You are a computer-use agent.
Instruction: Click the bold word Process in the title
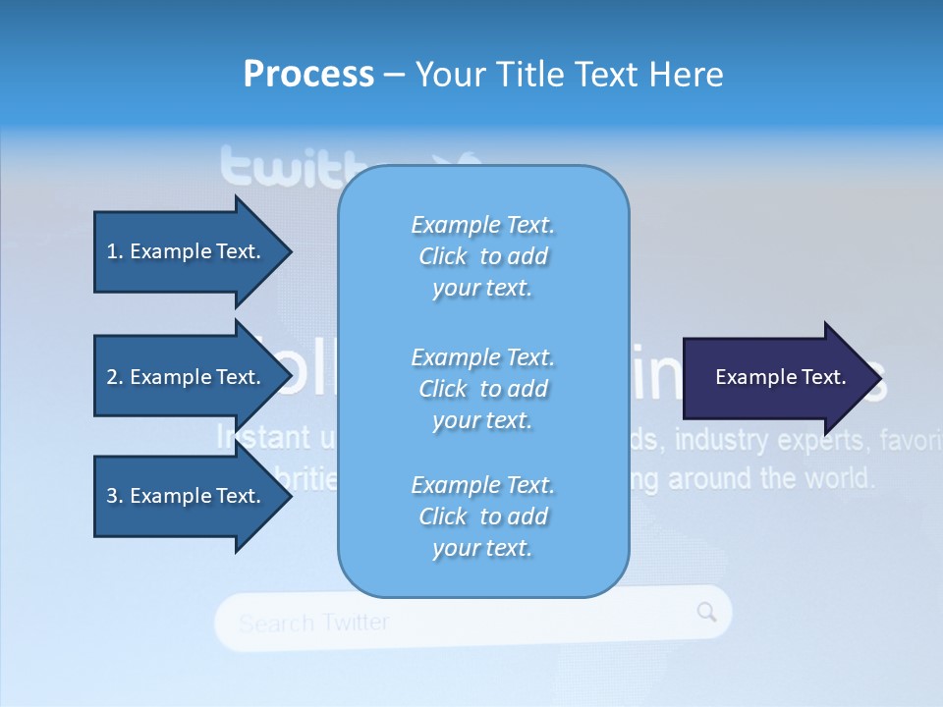pyautogui.click(x=308, y=74)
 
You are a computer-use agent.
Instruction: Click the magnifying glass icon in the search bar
pyautogui.click(x=706, y=613)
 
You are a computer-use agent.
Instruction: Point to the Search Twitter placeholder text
pyautogui.click(x=313, y=623)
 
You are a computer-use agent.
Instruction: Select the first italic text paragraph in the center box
pyautogui.click(x=482, y=256)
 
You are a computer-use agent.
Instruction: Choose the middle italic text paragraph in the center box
pyautogui.click(x=482, y=388)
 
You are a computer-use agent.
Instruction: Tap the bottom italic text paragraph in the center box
pyautogui.click(x=482, y=517)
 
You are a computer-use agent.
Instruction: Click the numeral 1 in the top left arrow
pyautogui.click(x=111, y=251)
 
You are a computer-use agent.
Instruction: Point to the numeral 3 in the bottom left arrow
pyautogui.click(x=111, y=496)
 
